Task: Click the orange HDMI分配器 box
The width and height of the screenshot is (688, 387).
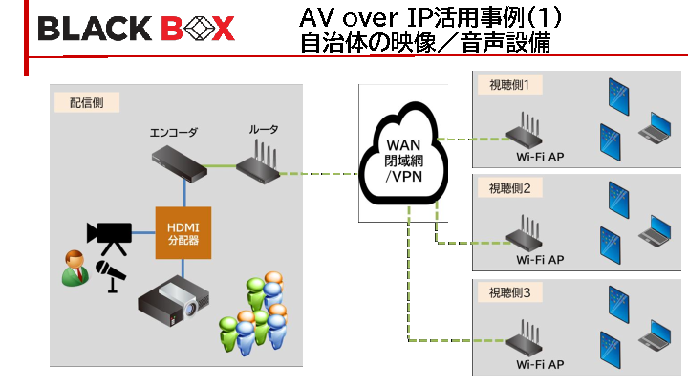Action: click(183, 232)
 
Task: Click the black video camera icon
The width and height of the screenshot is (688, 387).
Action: click(108, 233)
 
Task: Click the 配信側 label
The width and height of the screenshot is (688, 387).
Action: click(75, 101)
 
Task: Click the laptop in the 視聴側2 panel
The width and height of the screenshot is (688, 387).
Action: click(657, 229)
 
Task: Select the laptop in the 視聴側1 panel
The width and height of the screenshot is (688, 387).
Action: click(657, 126)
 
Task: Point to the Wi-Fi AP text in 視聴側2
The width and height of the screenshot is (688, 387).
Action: click(540, 259)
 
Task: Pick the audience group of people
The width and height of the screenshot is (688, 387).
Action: click(256, 314)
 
